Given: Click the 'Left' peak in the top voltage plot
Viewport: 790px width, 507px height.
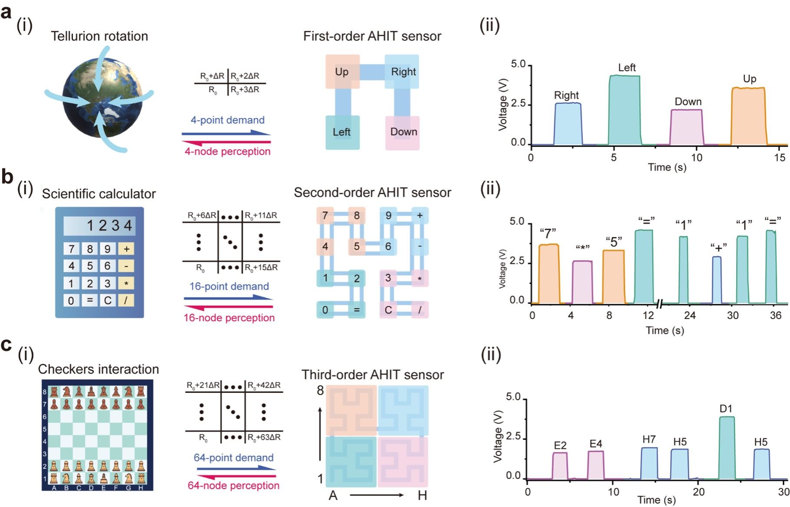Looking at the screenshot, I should (624, 109).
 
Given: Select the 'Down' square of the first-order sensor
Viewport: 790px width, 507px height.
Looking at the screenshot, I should (403, 132).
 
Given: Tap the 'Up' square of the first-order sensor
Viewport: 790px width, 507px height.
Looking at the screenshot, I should (342, 72).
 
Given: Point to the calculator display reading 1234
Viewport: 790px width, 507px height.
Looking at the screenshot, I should (99, 226).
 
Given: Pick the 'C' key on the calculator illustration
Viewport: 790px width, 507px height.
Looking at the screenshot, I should (107, 300).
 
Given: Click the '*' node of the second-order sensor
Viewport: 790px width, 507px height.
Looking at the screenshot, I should (420, 278).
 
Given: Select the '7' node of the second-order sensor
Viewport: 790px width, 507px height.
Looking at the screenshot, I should (325, 216).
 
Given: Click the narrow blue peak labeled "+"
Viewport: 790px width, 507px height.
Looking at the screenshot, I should (717, 280).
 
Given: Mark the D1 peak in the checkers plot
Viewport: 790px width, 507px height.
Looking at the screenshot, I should (727, 447).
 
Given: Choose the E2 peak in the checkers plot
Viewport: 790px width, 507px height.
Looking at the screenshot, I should (560, 465).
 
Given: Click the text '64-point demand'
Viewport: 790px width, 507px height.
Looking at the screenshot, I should (233, 458).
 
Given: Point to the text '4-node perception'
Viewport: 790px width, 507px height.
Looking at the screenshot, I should (228, 151).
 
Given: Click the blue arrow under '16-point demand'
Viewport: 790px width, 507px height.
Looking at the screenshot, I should (229, 298).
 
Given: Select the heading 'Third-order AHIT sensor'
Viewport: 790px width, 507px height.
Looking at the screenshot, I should (372, 375).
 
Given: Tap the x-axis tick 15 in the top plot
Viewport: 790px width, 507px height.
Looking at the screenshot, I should (780, 157).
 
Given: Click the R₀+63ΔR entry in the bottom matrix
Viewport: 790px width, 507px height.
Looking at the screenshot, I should (264, 437).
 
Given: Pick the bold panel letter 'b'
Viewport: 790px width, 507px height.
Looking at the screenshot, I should (7, 177).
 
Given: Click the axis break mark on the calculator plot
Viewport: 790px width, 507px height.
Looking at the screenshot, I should (660, 303).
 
